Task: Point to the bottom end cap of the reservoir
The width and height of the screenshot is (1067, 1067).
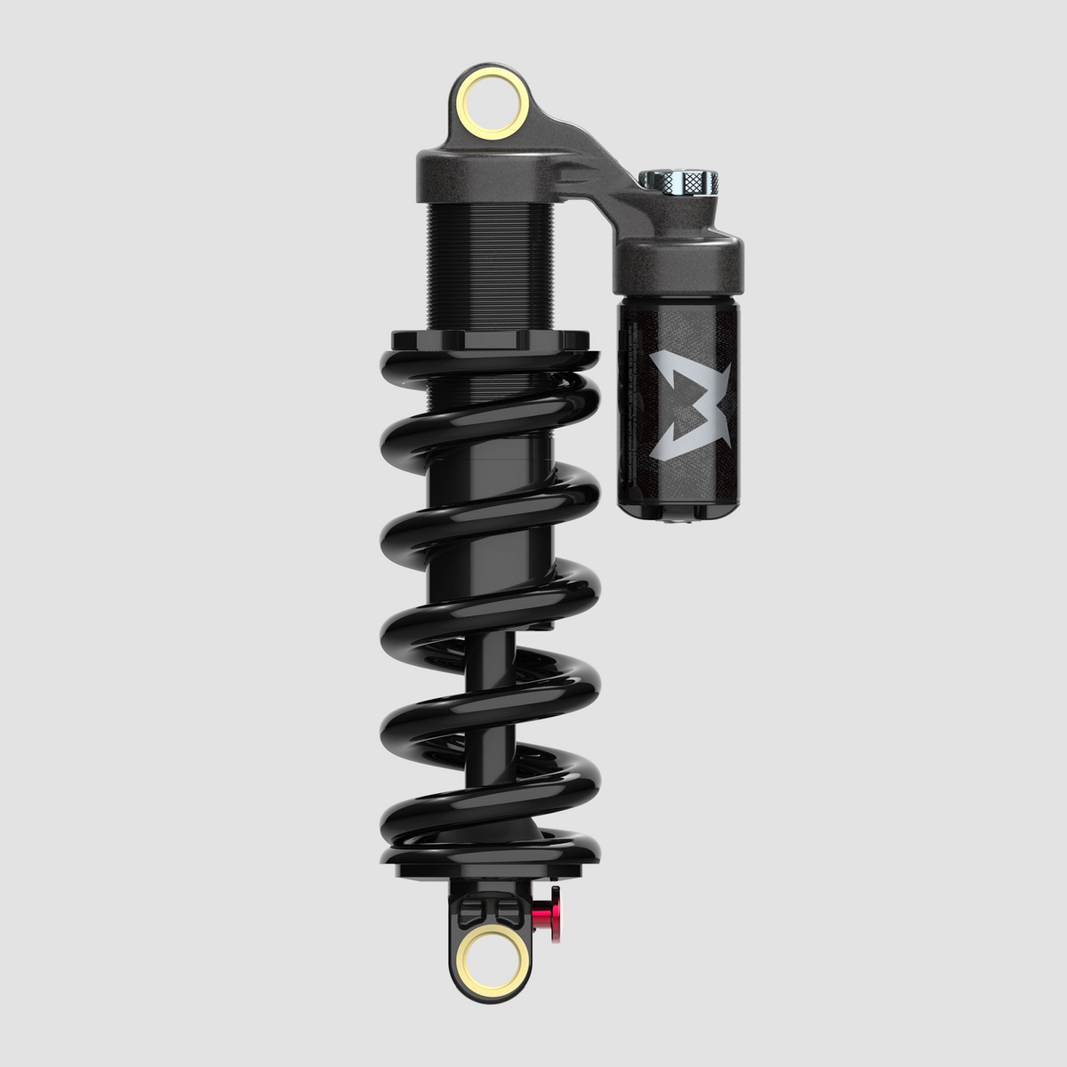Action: tap(680, 510)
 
